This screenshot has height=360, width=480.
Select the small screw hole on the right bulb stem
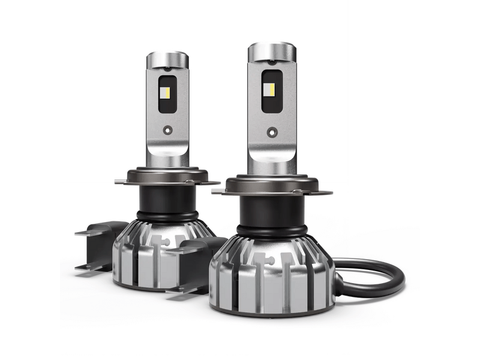(274, 130)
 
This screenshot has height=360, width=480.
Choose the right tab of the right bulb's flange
(324, 191)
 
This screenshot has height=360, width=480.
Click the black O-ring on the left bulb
(169, 214)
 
